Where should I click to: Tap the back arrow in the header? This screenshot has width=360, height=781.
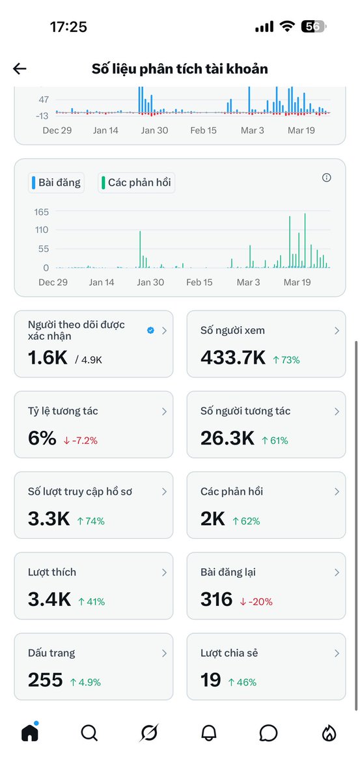(x=20, y=69)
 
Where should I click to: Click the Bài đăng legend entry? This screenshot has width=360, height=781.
(x=56, y=183)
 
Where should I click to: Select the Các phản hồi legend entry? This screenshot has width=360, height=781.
(x=137, y=183)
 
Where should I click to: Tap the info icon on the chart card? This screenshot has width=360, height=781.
(x=327, y=178)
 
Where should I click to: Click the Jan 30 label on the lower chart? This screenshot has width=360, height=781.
(x=150, y=282)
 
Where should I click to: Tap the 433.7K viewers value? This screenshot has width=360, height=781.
(x=232, y=358)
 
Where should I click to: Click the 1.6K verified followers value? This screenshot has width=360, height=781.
(x=48, y=358)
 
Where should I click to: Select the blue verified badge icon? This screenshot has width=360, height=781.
(x=150, y=331)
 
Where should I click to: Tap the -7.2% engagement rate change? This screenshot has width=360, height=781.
(x=81, y=441)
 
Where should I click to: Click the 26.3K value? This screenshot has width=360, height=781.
(x=227, y=439)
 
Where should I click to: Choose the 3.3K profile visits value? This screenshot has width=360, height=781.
(x=49, y=519)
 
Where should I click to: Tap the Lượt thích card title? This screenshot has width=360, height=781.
(x=52, y=572)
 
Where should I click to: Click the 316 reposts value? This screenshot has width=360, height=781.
(x=217, y=599)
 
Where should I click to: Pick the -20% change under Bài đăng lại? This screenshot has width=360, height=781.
(x=256, y=602)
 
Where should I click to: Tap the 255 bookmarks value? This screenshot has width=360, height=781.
(x=45, y=680)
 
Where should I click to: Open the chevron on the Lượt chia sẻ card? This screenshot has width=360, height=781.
(x=337, y=653)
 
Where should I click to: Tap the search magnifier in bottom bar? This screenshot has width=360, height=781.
(x=89, y=733)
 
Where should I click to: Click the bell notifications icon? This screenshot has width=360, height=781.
(x=209, y=733)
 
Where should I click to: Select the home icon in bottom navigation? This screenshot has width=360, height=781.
(x=30, y=733)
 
